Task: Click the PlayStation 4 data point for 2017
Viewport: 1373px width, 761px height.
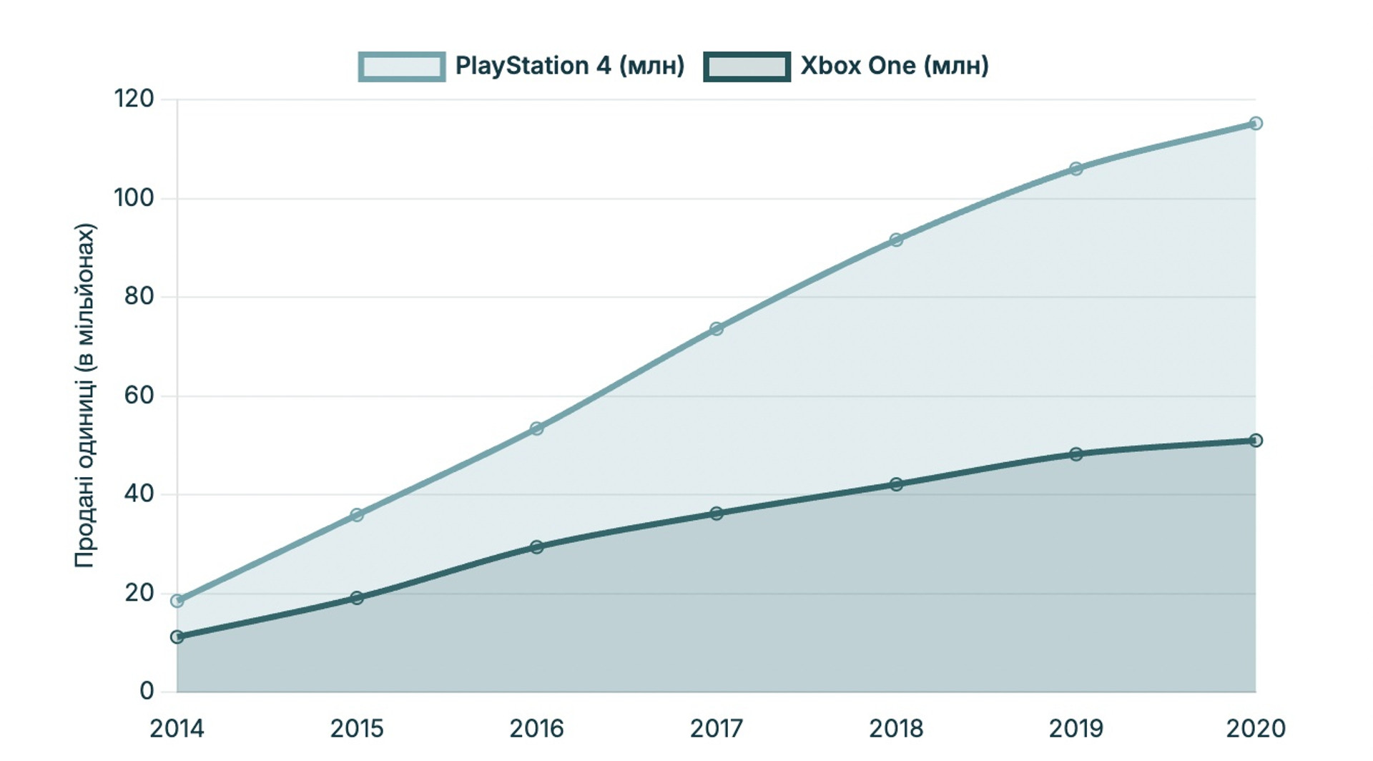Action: [717, 329]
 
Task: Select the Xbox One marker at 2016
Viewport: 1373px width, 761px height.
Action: [537, 547]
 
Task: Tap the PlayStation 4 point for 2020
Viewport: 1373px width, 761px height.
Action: [1256, 124]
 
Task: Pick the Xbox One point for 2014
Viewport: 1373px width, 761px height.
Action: [177, 637]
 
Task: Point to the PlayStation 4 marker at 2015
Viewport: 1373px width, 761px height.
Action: [357, 515]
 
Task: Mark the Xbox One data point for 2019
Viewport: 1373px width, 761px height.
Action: [1076, 454]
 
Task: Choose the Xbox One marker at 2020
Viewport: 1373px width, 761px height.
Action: [1256, 441]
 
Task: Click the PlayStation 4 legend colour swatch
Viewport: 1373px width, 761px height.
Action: [402, 67]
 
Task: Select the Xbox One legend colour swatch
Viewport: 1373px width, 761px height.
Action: [747, 67]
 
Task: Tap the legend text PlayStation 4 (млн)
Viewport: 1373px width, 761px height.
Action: [570, 66]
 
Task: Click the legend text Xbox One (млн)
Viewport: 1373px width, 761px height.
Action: [895, 66]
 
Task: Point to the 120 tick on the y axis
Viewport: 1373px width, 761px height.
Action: [134, 99]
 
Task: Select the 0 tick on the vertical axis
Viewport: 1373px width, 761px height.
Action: [147, 691]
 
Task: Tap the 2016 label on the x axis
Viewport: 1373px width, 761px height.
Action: [537, 729]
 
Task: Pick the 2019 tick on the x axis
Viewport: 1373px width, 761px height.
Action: [1076, 729]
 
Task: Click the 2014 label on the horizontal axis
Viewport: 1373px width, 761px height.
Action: [177, 729]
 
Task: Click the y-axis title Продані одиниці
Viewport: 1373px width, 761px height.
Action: [84, 396]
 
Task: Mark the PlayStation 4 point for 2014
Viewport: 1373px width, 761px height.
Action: [177, 601]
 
